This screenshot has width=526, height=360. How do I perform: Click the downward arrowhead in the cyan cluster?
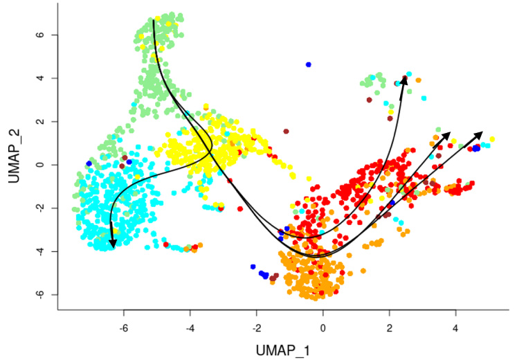pos(112,242)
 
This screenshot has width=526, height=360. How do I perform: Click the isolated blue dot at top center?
pos(309,64)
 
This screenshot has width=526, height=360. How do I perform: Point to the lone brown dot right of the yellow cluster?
pos(286,131)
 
